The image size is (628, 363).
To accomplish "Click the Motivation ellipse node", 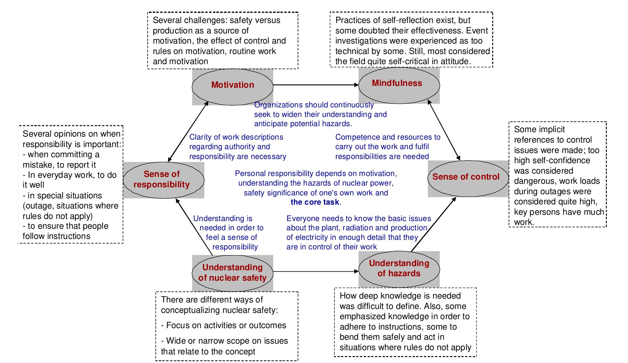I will click(232, 86).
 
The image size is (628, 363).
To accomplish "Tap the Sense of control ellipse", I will click(468, 178).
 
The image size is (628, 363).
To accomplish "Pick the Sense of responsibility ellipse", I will click(163, 180).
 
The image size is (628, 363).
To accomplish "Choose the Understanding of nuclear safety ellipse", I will click(232, 273).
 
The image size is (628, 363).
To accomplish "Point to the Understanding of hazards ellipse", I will click(399, 269).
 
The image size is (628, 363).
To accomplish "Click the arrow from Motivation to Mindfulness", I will click(316, 85).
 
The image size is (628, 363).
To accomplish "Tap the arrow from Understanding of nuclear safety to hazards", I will click(316, 271).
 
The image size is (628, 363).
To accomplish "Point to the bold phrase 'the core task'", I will click(315, 202).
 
